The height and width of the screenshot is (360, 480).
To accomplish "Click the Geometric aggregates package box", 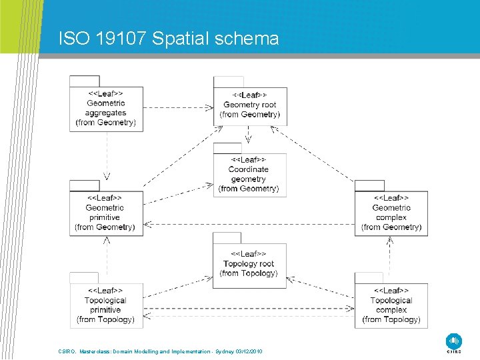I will pyautogui.click(x=106, y=109).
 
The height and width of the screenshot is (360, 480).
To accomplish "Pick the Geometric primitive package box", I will pyautogui.click(x=105, y=213).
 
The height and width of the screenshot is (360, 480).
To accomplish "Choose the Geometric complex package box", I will pyautogui.click(x=391, y=213).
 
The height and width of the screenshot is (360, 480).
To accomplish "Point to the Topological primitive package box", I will pyautogui.click(x=105, y=305).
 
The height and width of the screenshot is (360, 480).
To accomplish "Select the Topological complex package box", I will pyautogui.click(x=391, y=305).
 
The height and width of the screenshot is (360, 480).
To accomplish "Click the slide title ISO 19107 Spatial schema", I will pyautogui.click(x=169, y=39).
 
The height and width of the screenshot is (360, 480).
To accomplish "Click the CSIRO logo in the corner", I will pyautogui.click(x=453, y=342).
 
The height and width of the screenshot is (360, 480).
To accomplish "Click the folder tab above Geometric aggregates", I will pyautogui.click(x=84, y=80).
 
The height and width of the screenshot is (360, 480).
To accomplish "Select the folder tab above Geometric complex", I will pyautogui.click(x=369, y=185).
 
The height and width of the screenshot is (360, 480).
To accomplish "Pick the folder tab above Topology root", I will pyautogui.click(x=227, y=237).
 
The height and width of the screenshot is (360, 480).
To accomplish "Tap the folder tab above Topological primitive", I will pyautogui.click(x=84, y=277).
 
